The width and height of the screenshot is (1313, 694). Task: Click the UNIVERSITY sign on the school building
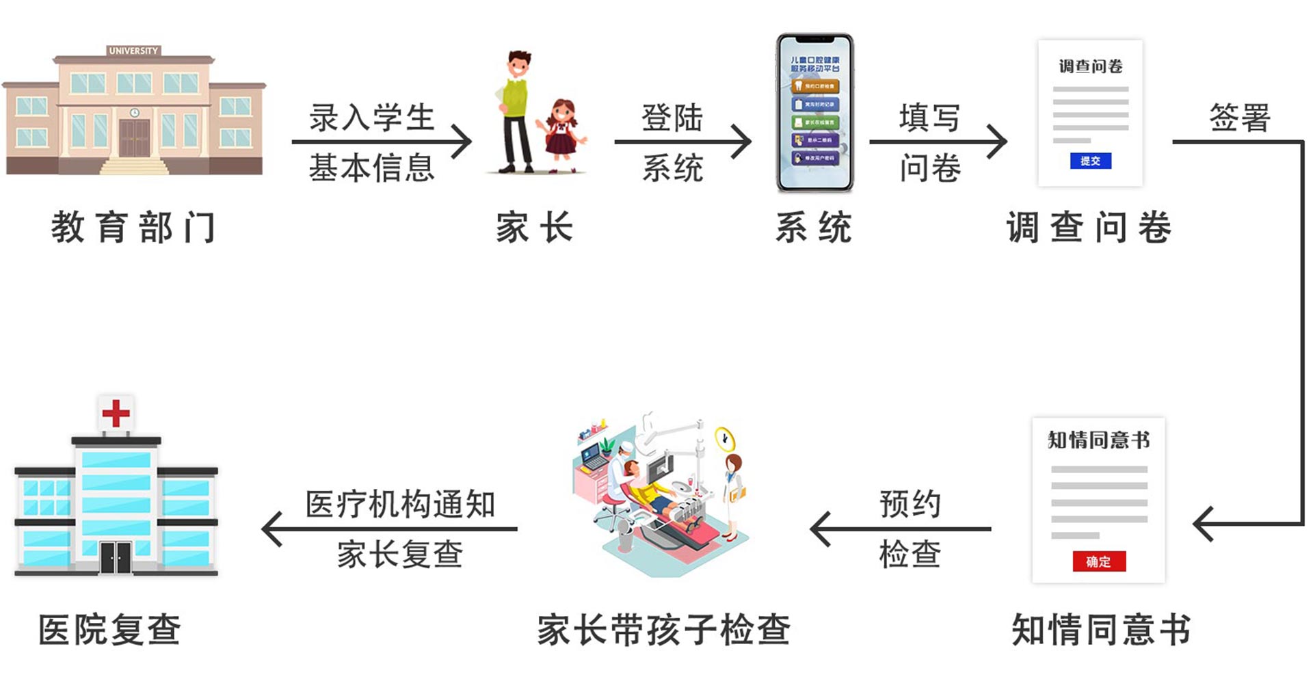click(133, 51)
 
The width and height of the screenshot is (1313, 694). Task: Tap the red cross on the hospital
click(116, 413)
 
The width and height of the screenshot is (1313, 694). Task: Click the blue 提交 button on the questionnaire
click(1090, 161)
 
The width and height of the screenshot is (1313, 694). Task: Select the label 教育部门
click(134, 227)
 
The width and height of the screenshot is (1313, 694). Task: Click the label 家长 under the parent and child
click(535, 227)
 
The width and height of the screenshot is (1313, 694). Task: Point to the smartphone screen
click(814, 113)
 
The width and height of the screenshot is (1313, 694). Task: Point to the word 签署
click(1239, 118)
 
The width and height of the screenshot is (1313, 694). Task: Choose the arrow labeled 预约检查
click(900, 529)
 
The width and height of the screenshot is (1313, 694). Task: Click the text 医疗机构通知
click(400, 505)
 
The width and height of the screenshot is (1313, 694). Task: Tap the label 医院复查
click(109, 629)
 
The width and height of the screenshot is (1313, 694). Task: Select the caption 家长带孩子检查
click(663, 629)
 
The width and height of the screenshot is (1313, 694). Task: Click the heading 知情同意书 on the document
click(1098, 440)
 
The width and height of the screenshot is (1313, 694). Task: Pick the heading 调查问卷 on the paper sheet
click(1090, 66)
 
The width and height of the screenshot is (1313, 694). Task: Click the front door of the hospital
click(116, 557)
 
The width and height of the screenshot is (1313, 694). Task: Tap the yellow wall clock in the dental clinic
click(724, 438)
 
